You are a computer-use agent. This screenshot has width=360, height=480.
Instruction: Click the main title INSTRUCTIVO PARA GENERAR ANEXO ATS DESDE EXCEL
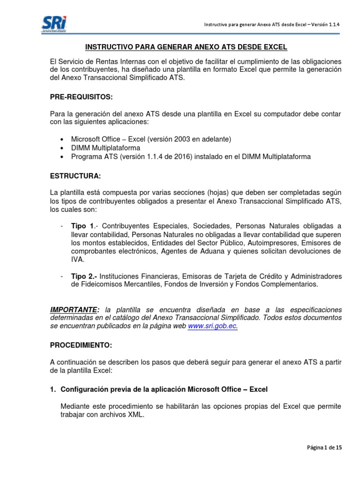click(186, 47)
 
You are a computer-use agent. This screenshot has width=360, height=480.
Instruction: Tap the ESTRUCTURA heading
click(75, 176)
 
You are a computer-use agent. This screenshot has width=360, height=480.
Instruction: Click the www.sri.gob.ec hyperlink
click(212, 327)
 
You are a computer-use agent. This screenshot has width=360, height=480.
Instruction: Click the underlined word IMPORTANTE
click(75, 310)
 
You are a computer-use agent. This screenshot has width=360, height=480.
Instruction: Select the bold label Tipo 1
click(80, 226)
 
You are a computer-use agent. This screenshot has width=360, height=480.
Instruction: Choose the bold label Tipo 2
click(81, 276)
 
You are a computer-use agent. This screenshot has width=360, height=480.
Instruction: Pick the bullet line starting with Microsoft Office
click(151, 140)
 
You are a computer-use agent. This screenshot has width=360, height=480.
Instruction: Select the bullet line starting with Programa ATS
click(191, 157)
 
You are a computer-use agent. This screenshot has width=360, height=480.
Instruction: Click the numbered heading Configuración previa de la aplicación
click(164, 389)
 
